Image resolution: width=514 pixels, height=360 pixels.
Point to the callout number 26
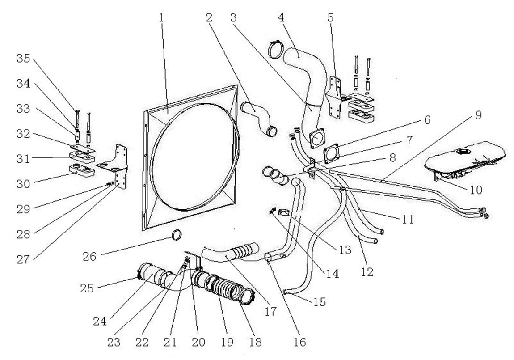click(92, 257)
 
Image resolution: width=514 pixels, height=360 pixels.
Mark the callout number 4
click(281, 18)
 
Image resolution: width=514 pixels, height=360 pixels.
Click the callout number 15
click(319, 302)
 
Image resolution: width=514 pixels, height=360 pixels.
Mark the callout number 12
click(367, 271)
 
